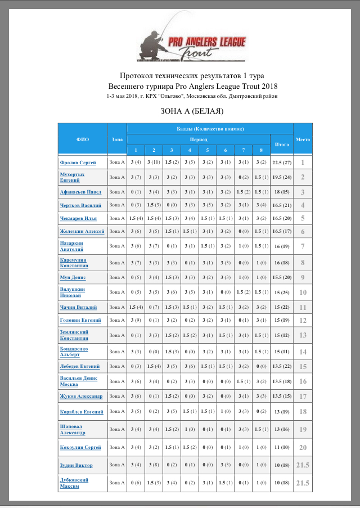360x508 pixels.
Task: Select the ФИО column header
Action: coord(82,139)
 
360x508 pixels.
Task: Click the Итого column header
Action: coord(281,145)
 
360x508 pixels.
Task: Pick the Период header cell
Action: coord(198,139)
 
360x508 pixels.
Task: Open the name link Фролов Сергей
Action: coord(79,163)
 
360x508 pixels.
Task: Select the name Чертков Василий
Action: coord(82,205)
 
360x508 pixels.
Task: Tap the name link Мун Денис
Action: coord(73,277)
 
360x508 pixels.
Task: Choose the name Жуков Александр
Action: coord(81,396)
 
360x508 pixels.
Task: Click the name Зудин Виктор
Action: coord(76,465)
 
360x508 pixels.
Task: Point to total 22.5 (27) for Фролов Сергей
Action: coord(281,163)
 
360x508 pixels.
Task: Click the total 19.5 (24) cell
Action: coord(281,177)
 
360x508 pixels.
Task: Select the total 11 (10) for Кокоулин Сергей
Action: coord(281,447)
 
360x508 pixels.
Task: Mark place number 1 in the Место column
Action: coord(303,163)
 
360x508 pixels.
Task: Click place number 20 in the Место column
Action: coord(303,447)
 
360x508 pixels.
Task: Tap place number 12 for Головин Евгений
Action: coord(303,320)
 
